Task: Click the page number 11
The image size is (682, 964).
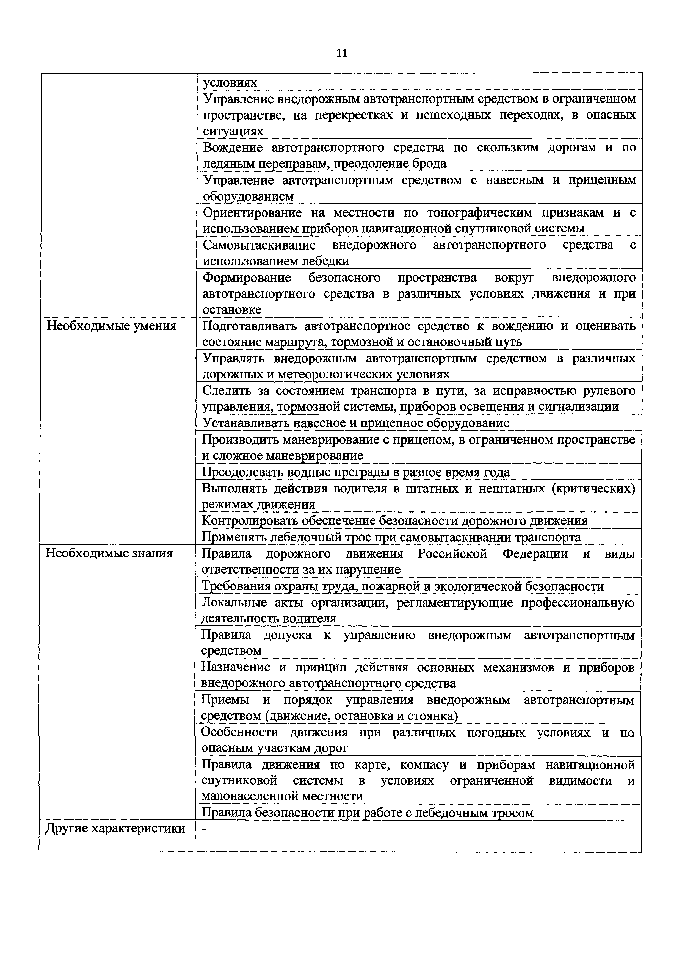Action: [x=342, y=53]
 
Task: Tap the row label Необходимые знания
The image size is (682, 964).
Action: [x=109, y=553]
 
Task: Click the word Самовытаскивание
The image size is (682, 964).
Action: [x=259, y=245]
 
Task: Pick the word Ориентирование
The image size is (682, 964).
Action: [x=252, y=212]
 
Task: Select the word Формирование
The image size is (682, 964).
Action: [x=247, y=278]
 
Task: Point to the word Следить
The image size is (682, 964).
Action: [x=226, y=390]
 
